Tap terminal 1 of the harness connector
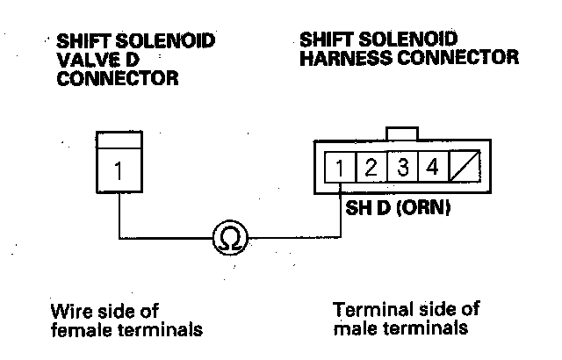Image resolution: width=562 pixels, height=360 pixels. [x=339, y=168]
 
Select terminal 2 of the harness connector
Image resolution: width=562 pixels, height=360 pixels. [x=371, y=168]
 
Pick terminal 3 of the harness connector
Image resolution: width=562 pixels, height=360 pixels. [x=402, y=168]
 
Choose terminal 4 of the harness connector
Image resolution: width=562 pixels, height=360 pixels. [x=433, y=168]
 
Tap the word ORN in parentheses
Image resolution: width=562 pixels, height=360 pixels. [x=417, y=211]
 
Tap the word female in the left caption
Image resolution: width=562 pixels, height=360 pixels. [x=80, y=330]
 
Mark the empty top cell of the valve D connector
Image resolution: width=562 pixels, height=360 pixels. [x=118, y=140]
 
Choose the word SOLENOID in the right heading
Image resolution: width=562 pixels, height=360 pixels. [x=414, y=40]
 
